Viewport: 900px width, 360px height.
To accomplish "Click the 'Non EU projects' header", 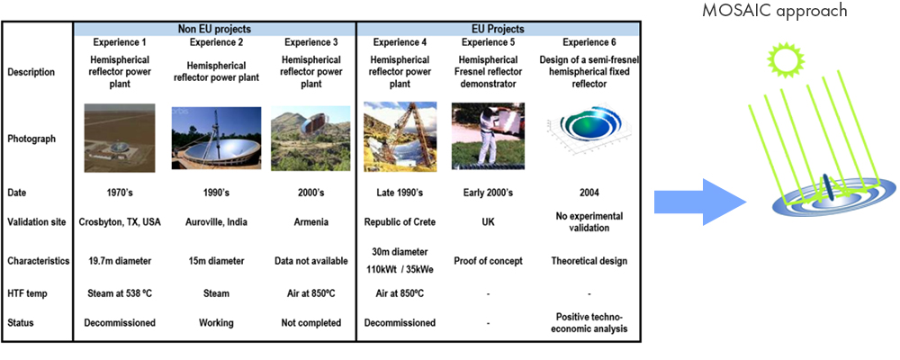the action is tap(215, 29).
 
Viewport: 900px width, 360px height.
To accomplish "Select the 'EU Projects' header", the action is tap(498, 29).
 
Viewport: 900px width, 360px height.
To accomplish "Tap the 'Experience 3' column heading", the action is tap(311, 42).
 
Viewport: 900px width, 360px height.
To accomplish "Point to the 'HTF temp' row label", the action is tap(27, 294).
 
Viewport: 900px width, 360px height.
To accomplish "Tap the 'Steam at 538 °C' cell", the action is tap(120, 294).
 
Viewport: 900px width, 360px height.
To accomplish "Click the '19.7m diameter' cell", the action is tap(120, 261).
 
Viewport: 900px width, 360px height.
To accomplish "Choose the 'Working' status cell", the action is tap(216, 323).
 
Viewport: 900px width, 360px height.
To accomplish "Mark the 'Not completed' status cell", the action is tap(311, 323).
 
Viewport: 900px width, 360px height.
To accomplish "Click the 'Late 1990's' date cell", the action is tap(400, 193).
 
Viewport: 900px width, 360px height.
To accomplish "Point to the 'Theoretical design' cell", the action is tap(589, 261).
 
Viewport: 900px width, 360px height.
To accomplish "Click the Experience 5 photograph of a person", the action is tap(488, 136).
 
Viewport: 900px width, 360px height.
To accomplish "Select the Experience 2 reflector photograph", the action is tap(216, 138).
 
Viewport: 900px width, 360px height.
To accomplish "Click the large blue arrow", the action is tap(700, 202).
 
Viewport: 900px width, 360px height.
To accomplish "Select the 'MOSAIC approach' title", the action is tap(775, 11).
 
